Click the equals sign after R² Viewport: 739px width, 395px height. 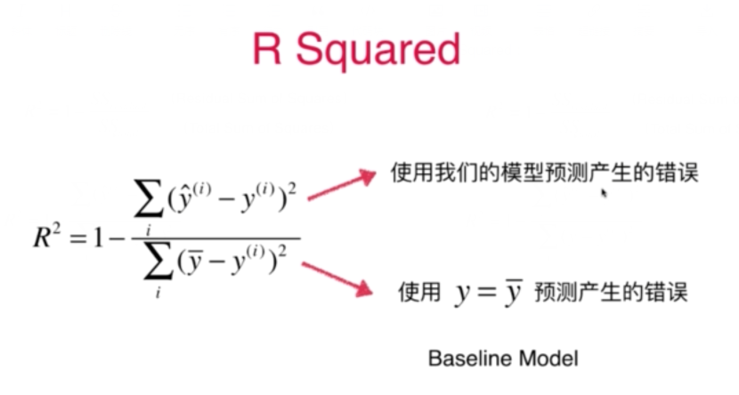coord(74,239)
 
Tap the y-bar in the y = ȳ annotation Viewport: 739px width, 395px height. coord(511,293)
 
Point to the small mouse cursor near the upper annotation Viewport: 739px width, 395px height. coord(605,192)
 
